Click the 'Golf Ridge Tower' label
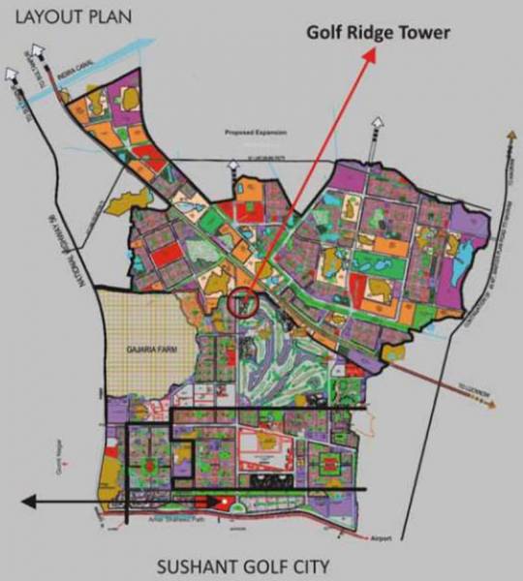378,32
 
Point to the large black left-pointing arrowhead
28,502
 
